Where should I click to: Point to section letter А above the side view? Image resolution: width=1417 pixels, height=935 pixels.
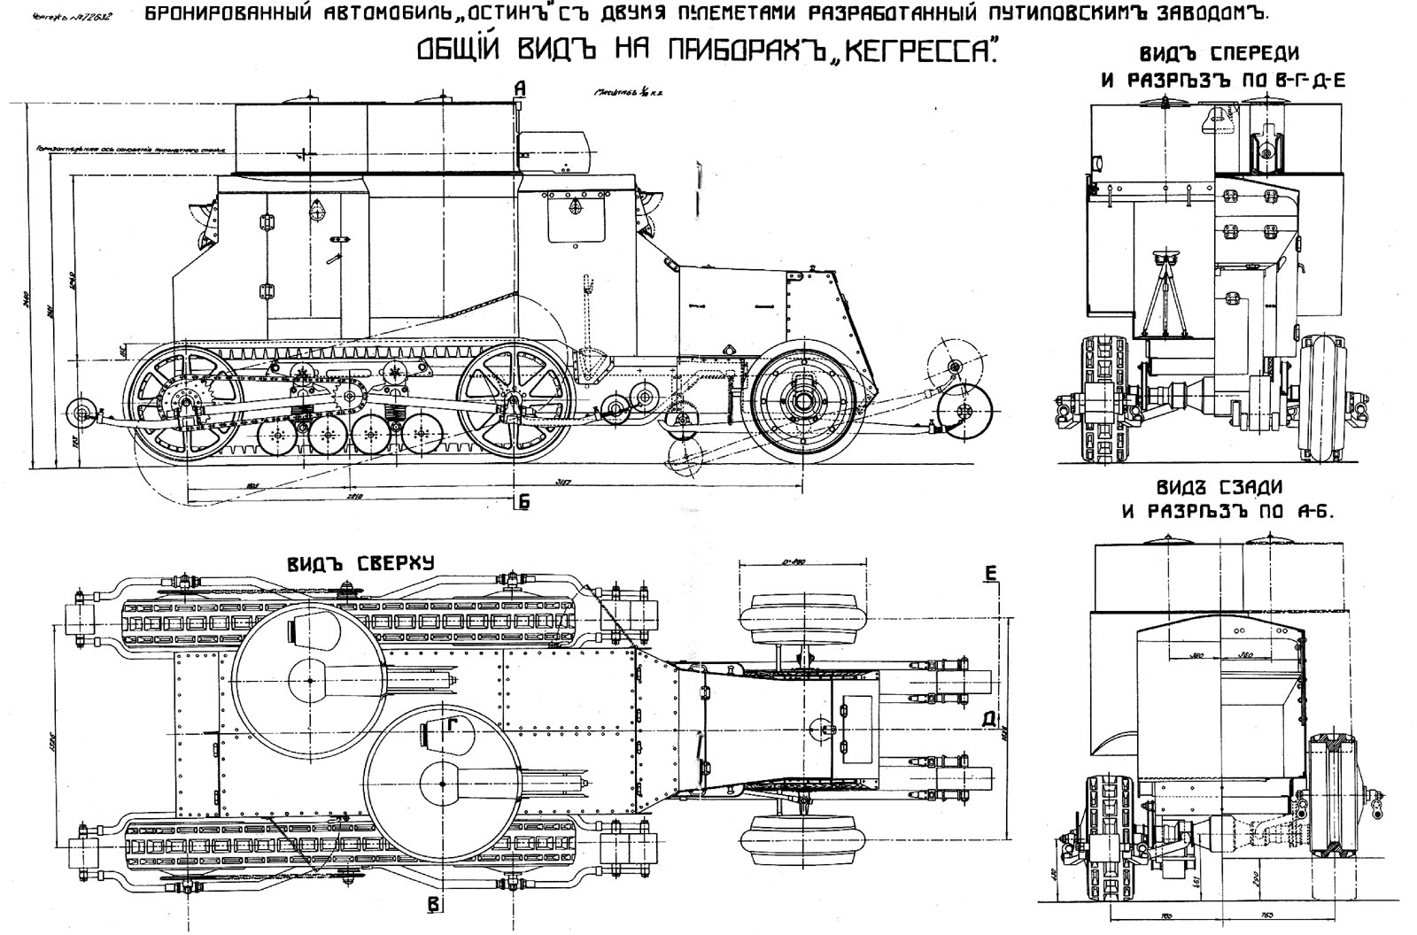click(520, 87)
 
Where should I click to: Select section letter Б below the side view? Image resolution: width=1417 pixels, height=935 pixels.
click(523, 502)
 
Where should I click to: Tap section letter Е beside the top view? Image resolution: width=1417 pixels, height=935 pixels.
click(990, 574)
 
